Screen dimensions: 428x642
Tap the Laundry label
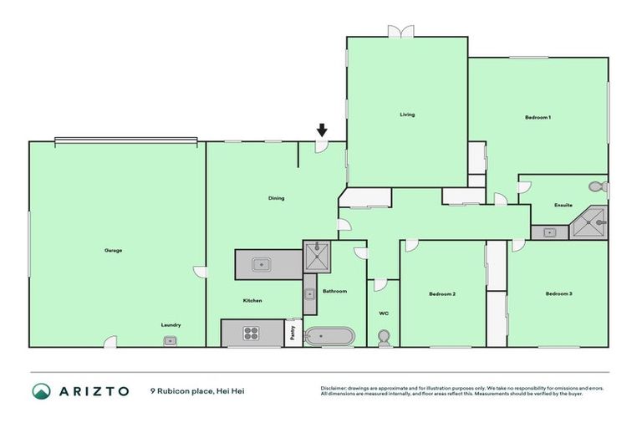[x=171, y=324]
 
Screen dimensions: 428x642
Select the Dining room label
[x=276, y=198]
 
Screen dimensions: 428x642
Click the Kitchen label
[x=252, y=300]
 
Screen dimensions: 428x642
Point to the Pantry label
[x=293, y=333]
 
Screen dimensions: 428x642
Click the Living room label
[x=407, y=115]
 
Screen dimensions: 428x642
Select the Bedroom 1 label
[x=538, y=117]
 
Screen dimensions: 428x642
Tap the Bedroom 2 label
[x=441, y=293]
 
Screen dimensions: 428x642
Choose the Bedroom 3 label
[x=558, y=293]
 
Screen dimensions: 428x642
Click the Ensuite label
[x=563, y=205]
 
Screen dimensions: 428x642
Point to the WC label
[x=384, y=313]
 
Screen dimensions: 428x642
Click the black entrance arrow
[x=322, y=130]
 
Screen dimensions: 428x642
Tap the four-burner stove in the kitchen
[x=251, y=333]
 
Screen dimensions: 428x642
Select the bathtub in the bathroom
[x=329, y=336]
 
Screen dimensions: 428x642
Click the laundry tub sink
[x=171, y=340]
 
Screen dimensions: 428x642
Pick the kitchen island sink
[x=262, y=265]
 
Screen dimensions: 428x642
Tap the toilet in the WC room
[x=384, y=337]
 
